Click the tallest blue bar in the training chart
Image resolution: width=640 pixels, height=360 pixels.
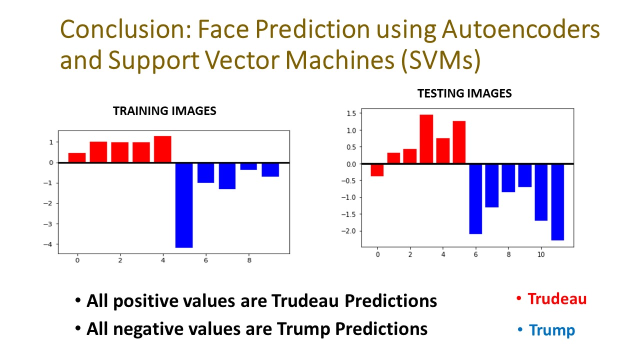[184, 205]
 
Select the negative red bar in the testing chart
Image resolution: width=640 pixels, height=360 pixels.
[377, 170]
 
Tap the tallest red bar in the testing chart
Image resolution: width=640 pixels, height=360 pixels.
[426, 139]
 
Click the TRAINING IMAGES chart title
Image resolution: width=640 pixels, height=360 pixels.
[164, 111]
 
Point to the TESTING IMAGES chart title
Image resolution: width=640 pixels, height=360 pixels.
[464, 93]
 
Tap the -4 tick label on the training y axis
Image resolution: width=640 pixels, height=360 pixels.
[48, 244]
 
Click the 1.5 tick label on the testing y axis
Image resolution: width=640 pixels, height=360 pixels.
[351, 113]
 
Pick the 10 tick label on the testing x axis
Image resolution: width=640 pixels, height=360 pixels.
[541, 254]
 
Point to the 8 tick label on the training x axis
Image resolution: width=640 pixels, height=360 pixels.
[249, 260]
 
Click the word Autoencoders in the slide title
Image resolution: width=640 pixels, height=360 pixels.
[520, 29]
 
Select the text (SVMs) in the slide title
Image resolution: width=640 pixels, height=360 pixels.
[441, 60]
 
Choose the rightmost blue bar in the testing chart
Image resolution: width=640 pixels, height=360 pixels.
[557, 202]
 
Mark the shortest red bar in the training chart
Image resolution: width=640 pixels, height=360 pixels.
[77, 157]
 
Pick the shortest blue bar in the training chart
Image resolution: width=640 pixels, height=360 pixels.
[248, 166]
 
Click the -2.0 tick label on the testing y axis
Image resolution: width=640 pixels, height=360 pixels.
[348, 231]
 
